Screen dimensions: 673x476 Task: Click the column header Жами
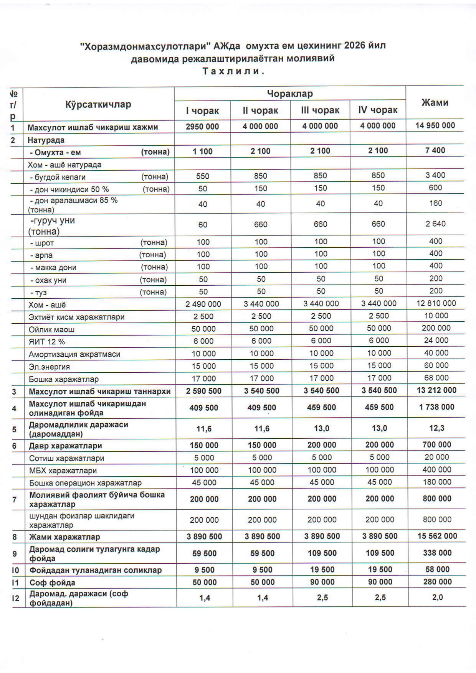(x=435, y=102)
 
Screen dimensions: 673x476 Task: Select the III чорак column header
(x=320, y=110)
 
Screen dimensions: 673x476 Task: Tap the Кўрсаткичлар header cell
(x=98, y=104)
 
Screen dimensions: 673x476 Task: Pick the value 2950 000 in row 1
(x=202, y=127)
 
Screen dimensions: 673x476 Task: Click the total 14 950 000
(x=435, y=125)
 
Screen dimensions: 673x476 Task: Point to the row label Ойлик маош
(x=51, y=329)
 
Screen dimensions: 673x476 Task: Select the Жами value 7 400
(x=435, y=150)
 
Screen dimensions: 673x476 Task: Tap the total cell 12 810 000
(x=436, y=303)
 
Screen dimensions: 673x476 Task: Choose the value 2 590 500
(x=203, y=391)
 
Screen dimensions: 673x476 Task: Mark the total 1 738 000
(x=436, y=407)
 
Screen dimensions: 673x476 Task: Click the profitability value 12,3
(x=437, y=428)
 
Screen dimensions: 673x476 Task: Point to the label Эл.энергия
(x=49, y=367)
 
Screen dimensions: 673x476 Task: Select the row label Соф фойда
(x=52, y=583)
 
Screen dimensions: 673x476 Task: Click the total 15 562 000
(x=437, y=536)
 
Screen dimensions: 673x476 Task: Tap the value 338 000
(x=437, y=553)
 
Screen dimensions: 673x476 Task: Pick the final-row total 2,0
(x=438, y=597)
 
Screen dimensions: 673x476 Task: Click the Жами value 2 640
(x=435, y=224)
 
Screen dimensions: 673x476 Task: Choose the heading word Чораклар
(x=290, y=94)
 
